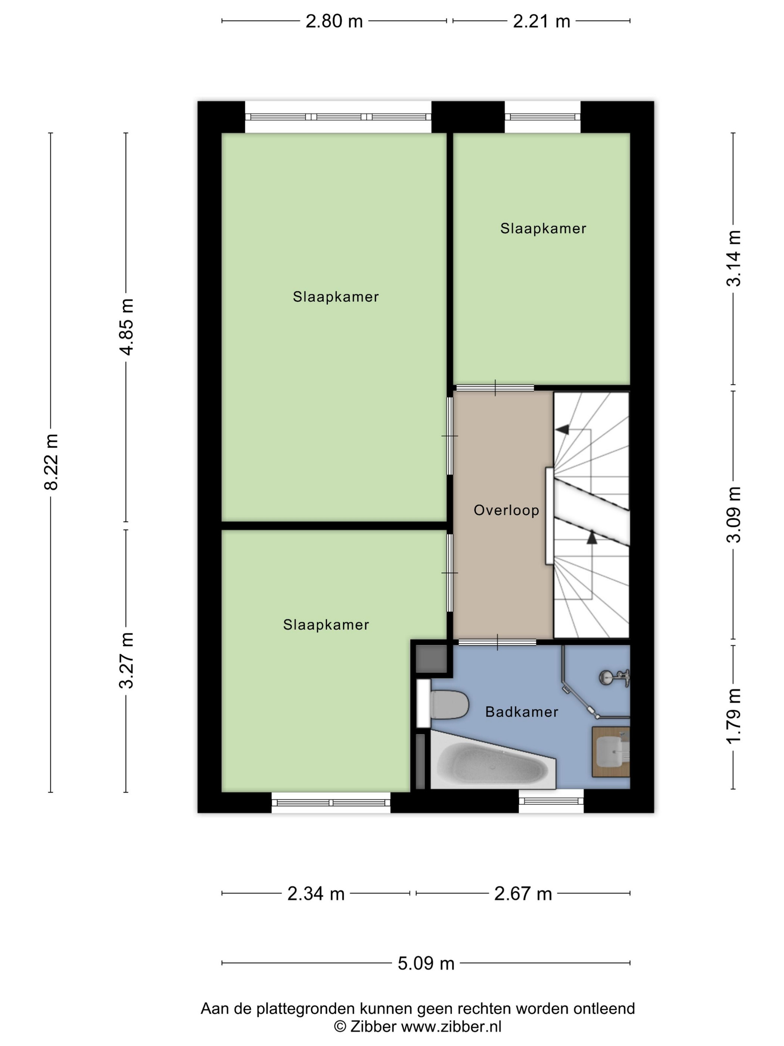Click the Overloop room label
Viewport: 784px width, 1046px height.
click(506, 510)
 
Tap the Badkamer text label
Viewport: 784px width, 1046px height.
click(522, 712)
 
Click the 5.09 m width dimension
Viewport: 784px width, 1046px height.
click(426, 963)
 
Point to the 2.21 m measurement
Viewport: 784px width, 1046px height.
click(542, 21)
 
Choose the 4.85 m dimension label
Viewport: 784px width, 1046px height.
click(126, 327)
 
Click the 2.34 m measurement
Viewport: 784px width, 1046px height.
click(316, 894)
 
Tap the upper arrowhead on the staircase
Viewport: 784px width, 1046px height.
click(562, 429)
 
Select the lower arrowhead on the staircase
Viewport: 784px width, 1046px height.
click(592, 537)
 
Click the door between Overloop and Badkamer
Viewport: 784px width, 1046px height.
click(497, 642)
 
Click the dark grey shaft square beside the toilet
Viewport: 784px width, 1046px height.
click(430, 658)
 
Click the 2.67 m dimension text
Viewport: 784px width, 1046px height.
click(523, 894)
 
